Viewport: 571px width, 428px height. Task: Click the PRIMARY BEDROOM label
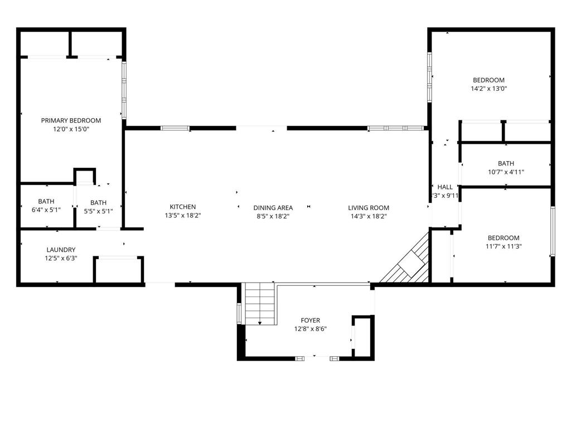click(x=71, y=120)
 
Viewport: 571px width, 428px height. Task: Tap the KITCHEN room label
click(x=183, y=207)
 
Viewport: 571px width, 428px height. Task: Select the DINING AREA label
click(x=273, y=208)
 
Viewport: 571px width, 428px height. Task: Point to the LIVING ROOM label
click(x=369, y=208)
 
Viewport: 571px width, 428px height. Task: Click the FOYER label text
click(x=311, y=320)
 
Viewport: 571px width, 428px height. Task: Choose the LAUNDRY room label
click(x=61, y=250)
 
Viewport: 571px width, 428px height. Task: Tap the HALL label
click(x=445, y=187)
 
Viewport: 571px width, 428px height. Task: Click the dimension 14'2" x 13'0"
click(x=488, y=88)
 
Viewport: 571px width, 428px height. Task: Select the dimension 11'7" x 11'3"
click(x=504, y=246)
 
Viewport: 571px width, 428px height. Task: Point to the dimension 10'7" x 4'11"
click(x=506, y=172)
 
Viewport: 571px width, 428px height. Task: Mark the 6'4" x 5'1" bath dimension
click(x=46, y=210)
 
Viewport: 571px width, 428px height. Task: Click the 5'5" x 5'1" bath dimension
click(x=98, y=211)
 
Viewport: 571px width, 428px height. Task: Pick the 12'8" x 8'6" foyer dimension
click(x=311, y=329)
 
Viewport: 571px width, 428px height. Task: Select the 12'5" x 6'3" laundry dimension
click(x=61, y=258)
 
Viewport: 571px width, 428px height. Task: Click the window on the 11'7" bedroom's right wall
click(x=553, y=231)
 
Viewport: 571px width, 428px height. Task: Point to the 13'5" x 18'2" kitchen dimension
click(x=183, y=215)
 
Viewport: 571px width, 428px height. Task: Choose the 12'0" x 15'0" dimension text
click(x=71, y=129)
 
